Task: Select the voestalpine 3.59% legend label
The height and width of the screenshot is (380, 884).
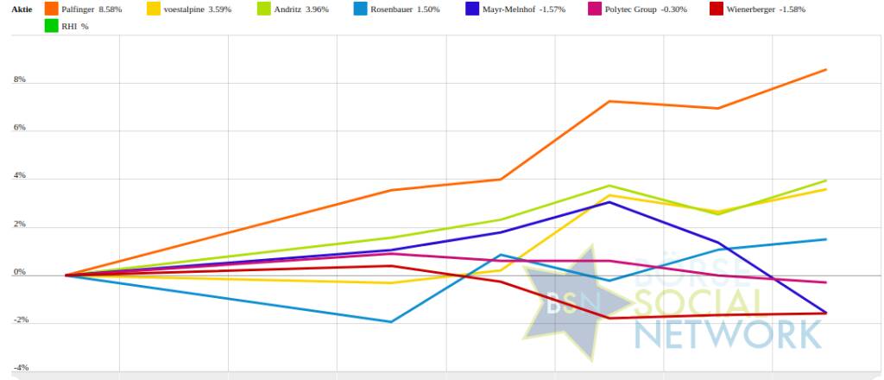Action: (x=197, y=9)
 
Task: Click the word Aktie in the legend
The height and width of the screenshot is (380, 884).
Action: (x=21, y=9)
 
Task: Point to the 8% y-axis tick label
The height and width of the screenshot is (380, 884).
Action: (x=18, y=80)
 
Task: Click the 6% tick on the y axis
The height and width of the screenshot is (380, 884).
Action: (x=18, y=128)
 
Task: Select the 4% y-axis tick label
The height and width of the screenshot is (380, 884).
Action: (x=18, y=176)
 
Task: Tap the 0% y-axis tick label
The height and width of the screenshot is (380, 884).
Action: (x=18, y=273)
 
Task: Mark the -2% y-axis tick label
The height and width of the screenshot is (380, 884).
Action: (x=17, y=320)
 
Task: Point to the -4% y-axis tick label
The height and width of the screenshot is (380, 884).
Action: (x=17, y=368)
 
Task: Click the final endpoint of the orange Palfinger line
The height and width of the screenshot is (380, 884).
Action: (x=826, y=69)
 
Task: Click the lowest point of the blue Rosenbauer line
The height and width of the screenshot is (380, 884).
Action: (x=392, y=322)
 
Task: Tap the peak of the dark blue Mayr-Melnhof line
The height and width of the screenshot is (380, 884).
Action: (x=609, y=202)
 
